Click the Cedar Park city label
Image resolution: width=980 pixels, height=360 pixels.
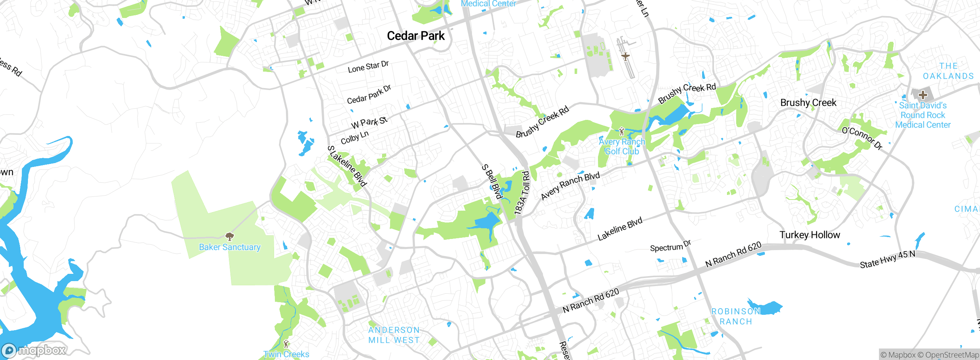(416, 36)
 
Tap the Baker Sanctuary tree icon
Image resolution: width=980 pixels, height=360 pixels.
(229, 236)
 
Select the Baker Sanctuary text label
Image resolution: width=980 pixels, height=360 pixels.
(230, 247)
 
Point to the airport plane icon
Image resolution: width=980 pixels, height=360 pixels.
(625, 57)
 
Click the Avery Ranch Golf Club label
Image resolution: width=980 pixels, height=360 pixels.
(622, 147)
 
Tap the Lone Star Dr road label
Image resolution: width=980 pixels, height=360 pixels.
(368, 67)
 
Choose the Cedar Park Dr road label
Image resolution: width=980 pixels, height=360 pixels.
(369, 95)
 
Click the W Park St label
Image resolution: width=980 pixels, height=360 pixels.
(369, 122)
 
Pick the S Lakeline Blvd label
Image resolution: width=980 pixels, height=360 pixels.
(347, 166)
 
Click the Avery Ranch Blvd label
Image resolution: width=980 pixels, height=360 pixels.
(570, 186)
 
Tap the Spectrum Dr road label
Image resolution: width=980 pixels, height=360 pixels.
(670, 246)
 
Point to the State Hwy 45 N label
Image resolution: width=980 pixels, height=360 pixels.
(887, 259)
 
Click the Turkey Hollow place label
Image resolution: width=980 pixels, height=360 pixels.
(810, 235)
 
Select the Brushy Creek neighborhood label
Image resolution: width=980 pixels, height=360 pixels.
(808, 103)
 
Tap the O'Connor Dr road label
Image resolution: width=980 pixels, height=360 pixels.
(862, 138)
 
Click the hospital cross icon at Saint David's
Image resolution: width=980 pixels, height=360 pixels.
(923, 95)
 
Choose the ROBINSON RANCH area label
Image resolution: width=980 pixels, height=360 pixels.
(736, 316)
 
